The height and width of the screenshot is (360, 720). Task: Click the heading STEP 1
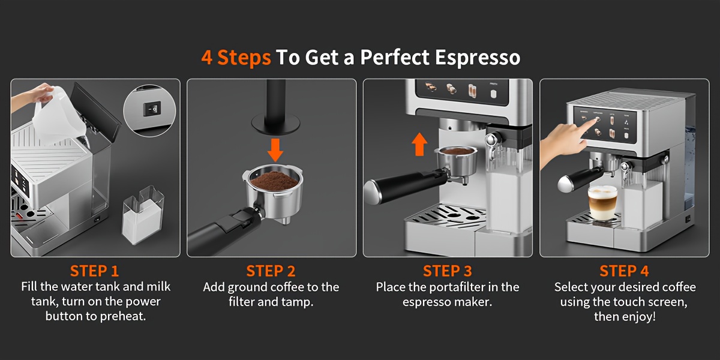click(95, 270)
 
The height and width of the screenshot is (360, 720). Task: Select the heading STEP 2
click(271, 270)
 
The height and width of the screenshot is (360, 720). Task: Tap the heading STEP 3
click(448, 270)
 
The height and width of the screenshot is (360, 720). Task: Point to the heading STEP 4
click(624, 270)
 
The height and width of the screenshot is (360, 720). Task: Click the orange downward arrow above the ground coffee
click(275, 149)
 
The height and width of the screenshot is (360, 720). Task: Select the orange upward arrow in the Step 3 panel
click(420, 144)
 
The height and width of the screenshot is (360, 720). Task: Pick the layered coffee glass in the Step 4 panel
click(602, 203)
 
